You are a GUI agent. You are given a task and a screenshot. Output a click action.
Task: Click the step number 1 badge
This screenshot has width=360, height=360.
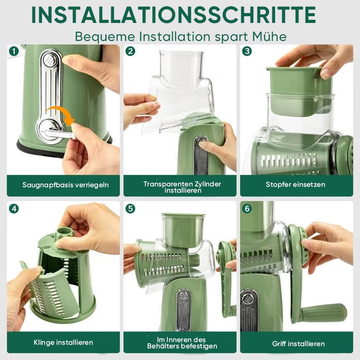pyautogui.click(x=14, y=51)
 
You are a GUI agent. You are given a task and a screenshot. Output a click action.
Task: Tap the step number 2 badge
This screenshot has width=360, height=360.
pyautogui.click(x=130, y=51)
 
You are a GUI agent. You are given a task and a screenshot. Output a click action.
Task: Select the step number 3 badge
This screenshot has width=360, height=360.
pyautogui.click(x=247, y=51)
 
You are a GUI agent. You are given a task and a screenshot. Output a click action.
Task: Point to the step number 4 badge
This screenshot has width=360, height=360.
pyautogui.click(x=14, y=209)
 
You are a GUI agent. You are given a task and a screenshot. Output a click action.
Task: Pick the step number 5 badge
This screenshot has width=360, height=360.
pyautogui.click(x=130, y=209)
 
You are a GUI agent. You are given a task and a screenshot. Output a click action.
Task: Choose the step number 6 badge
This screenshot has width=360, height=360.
pyautogui.click(x=247, y=209)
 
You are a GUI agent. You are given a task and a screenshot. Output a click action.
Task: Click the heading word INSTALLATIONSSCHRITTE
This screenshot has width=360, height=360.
pyautogui.click(x=174, y=15)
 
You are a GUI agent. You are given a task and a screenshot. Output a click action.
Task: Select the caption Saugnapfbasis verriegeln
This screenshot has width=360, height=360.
pyautogui.click(x=65, y=185)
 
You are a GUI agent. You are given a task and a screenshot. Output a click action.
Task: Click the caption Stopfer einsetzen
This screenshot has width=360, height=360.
pyautogui.click(x=296, y=184)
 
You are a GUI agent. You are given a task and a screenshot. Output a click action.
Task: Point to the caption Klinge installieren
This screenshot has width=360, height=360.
pyautogui.click(x=63, y=342)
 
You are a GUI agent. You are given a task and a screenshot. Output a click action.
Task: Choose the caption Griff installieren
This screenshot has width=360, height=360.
pyautogui.click(x=298, y=344)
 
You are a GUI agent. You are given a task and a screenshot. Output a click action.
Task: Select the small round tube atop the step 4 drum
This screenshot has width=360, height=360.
pyautogui.click(x=65, y=232)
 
